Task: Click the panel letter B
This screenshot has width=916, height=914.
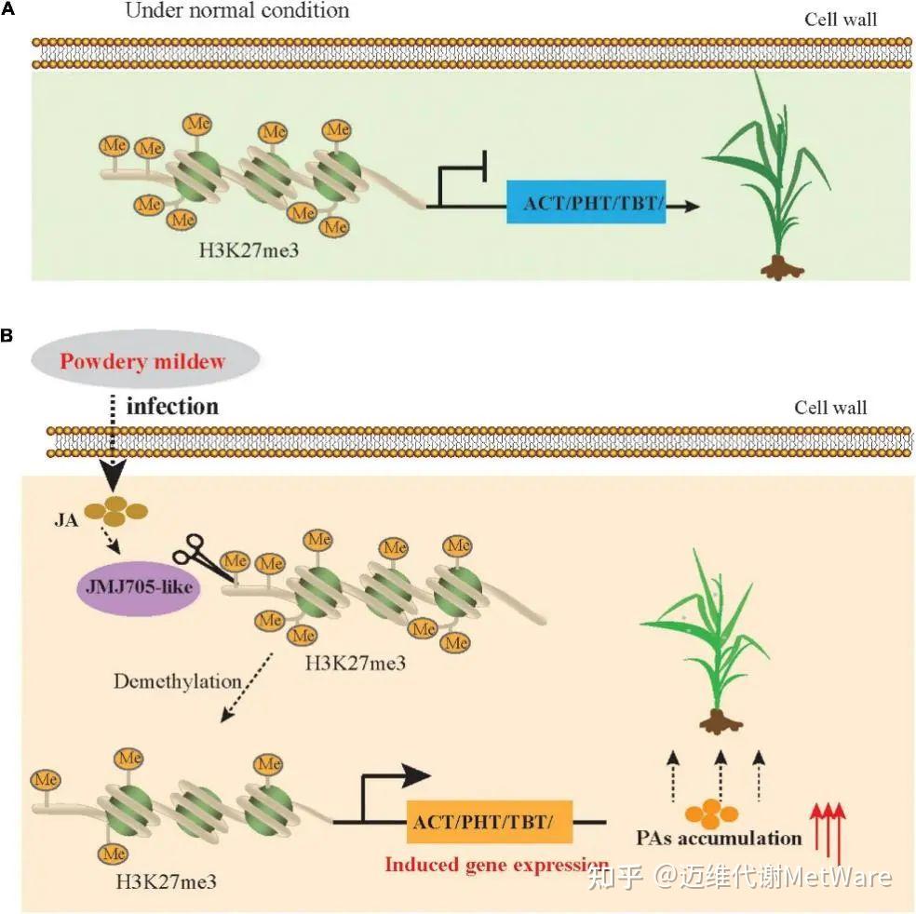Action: click(x=7, y=335)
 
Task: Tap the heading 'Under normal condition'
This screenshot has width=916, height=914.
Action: click(x=237, y=10)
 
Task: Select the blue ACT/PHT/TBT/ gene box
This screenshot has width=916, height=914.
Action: click(x=586, y=202)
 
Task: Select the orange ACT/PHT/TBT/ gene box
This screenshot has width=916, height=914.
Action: click(x=490, y=822)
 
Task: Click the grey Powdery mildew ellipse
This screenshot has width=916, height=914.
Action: click(x=145, y=359)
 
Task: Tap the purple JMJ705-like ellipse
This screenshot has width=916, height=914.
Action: click(x=139, y=586)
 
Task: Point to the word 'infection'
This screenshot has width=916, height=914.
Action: click(x=172, y=407)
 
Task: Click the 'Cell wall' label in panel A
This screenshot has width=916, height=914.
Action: click(x=841, y=20)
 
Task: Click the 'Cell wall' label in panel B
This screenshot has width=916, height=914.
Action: click(x=830, y=407)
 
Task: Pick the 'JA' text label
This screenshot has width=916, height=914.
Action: click(x=66, y=519)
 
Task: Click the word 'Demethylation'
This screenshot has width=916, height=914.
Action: click(x=178, y=681)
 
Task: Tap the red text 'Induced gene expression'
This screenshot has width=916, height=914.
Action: click(x=496, y=864)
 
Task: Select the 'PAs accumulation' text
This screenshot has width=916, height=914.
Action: click(x=720, y=838)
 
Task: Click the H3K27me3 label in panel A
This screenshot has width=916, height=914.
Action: click(x=249, y=250)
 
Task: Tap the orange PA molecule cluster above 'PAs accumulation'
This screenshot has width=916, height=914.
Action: click(x=711, y=813)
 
